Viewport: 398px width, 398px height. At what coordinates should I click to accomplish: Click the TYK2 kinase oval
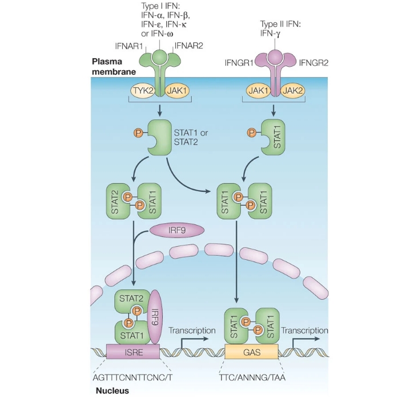tap(140, 90)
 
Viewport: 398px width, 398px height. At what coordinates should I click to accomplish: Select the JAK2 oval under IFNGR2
tap(292, 90)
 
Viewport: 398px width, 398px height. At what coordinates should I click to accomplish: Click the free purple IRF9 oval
tap(176, 230)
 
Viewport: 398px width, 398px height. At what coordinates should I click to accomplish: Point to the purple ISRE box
tap(132, 352)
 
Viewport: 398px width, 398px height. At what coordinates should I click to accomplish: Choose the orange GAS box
tap(252, 352)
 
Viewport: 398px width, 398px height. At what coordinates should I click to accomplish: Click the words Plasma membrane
tap(114, 66)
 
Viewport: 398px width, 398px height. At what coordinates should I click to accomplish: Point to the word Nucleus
tap(110, 391)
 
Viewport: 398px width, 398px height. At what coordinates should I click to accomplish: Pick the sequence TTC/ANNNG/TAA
tap(252, 377)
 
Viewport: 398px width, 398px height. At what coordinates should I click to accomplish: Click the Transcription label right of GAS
tap(304, 331)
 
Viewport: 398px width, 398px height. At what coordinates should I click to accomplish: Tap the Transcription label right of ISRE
tap(192, 331)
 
